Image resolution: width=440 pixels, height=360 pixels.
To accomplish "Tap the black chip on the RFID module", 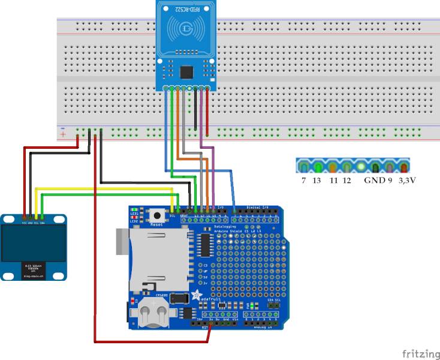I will click(x=187, y=72).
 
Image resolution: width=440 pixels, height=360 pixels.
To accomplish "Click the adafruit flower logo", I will click(x=195, y=295).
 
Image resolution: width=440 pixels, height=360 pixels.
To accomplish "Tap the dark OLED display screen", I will click(x=34, y=245).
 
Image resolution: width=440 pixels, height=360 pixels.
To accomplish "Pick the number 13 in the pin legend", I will click(x=317, y=181).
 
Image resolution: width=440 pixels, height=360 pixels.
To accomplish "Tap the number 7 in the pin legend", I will click(x=304, y=181).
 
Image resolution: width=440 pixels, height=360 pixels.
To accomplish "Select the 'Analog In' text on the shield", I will click(x=261, y=328).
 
